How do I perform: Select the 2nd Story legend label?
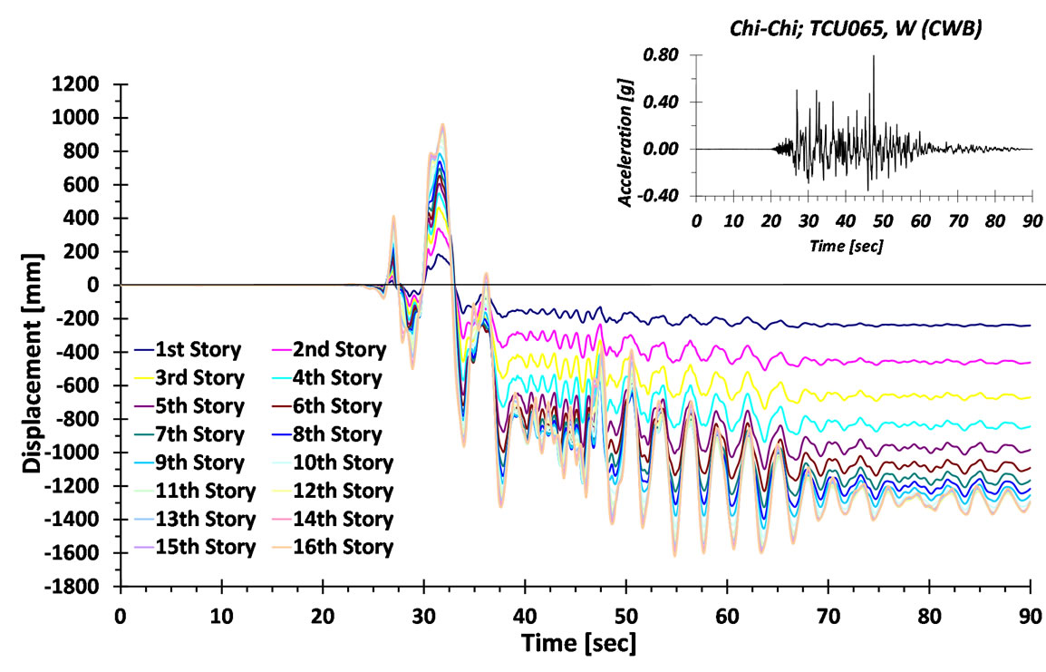pos(330,349)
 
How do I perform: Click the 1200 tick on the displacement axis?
pos(81,84)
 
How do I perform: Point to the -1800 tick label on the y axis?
pos(77,587)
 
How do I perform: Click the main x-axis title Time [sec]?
pos(576,645)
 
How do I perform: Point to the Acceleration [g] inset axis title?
pos(627,127)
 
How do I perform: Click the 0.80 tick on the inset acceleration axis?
pos(661,55)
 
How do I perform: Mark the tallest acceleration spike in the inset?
pos(874,57)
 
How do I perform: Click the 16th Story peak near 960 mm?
pos(442,125)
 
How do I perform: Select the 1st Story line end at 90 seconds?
pos(1030,326)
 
